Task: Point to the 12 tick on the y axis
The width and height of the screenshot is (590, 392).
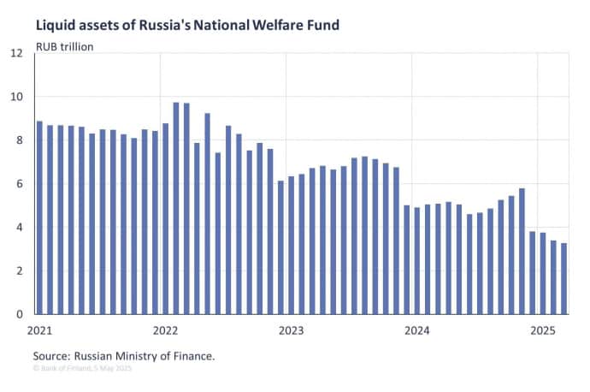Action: click(16, 53)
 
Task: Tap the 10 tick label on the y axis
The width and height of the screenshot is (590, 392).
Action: click(16, 97)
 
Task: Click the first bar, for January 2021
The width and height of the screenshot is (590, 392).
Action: click(39, 217)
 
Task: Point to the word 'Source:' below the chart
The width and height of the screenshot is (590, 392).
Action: click(56, 354)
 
